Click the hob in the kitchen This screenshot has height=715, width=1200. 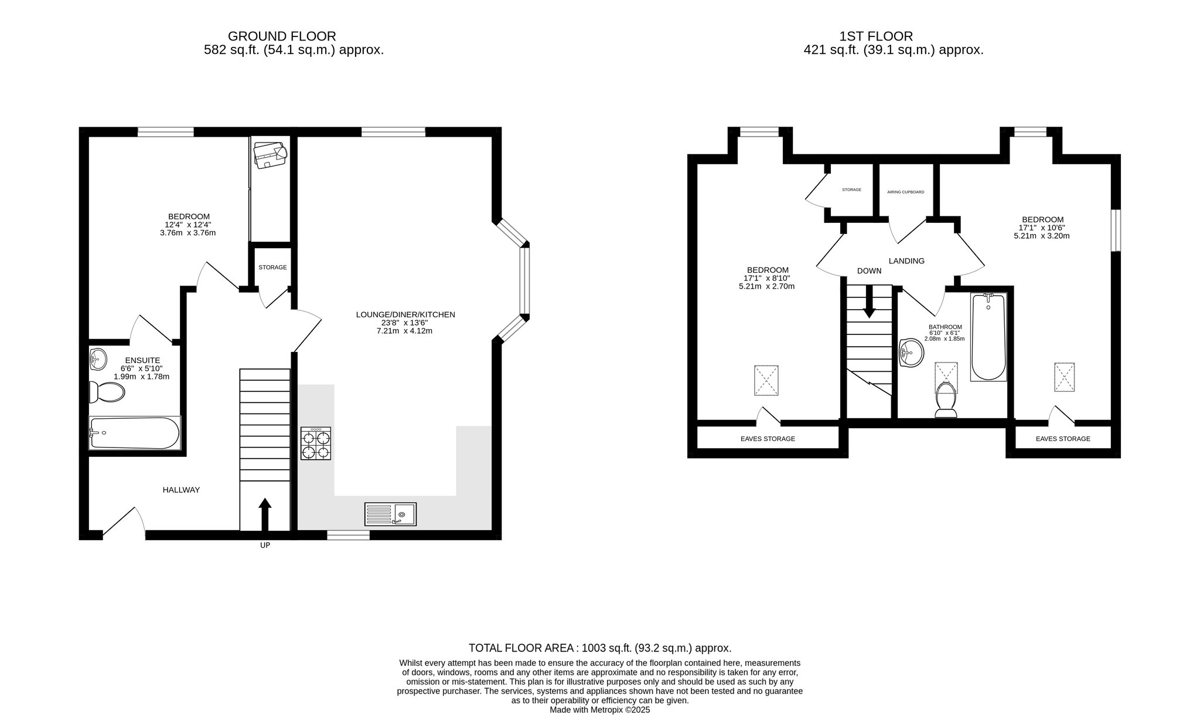(x=316, y=443)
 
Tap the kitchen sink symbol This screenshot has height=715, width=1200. (x=390, y=514)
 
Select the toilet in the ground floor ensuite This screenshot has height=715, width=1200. (x=107, y=392)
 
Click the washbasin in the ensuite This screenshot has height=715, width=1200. (x=98, y=357)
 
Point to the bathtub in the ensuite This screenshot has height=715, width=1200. (x=134, y=433)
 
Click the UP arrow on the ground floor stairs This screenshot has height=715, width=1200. (x=265, y=515)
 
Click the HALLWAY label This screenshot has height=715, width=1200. (x=181, y=490)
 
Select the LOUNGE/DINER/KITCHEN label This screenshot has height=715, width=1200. (x=405, y=314)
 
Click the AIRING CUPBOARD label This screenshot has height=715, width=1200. (x=905, y=192)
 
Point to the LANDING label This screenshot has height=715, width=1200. (x=906, y=261)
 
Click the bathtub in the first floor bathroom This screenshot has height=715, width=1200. (x=988, y=337)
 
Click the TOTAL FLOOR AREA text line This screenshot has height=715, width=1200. (x=600, y=648)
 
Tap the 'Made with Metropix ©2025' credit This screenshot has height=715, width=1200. (x=600, y=710)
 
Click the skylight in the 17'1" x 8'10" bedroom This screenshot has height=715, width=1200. (x=766, y=380)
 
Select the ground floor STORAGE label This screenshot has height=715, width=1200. (x=273, y=267)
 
